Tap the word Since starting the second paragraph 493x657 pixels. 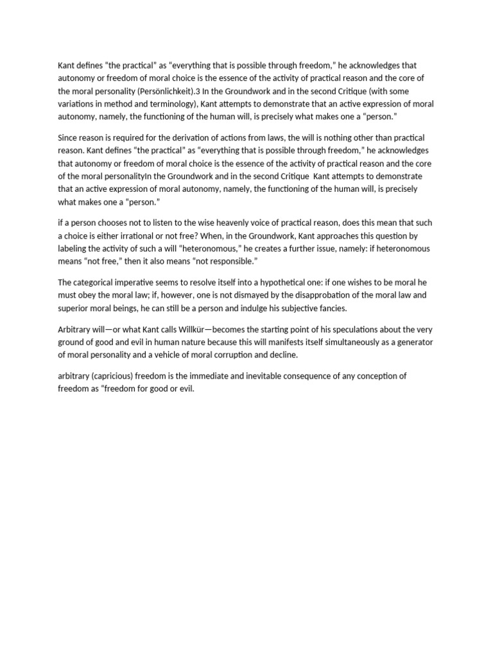tap(68, 138)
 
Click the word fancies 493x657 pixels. tap(326, 307)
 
